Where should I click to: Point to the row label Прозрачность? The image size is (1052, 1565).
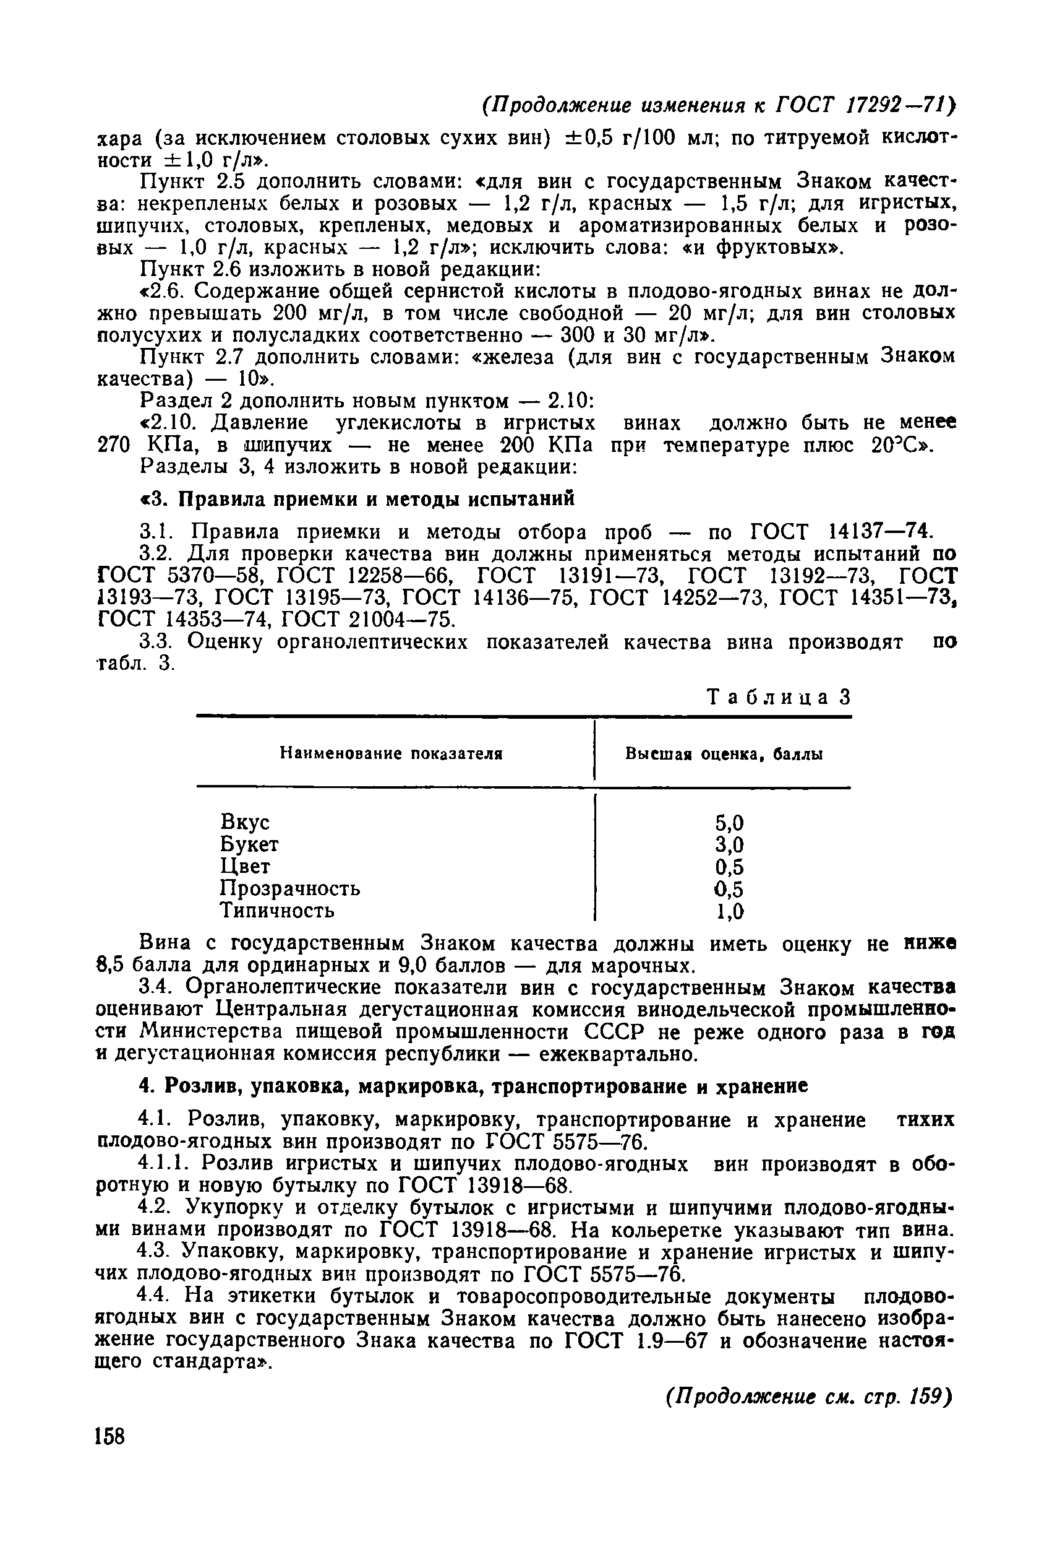click(290, 888)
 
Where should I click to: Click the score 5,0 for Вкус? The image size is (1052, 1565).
click(729, 823)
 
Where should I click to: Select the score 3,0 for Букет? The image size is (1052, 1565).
click(729, 844)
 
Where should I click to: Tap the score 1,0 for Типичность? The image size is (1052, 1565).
click(729, 911)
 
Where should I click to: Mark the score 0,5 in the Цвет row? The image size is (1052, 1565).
click(729, 867)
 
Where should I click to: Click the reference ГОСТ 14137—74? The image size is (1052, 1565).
click(840, 532)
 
